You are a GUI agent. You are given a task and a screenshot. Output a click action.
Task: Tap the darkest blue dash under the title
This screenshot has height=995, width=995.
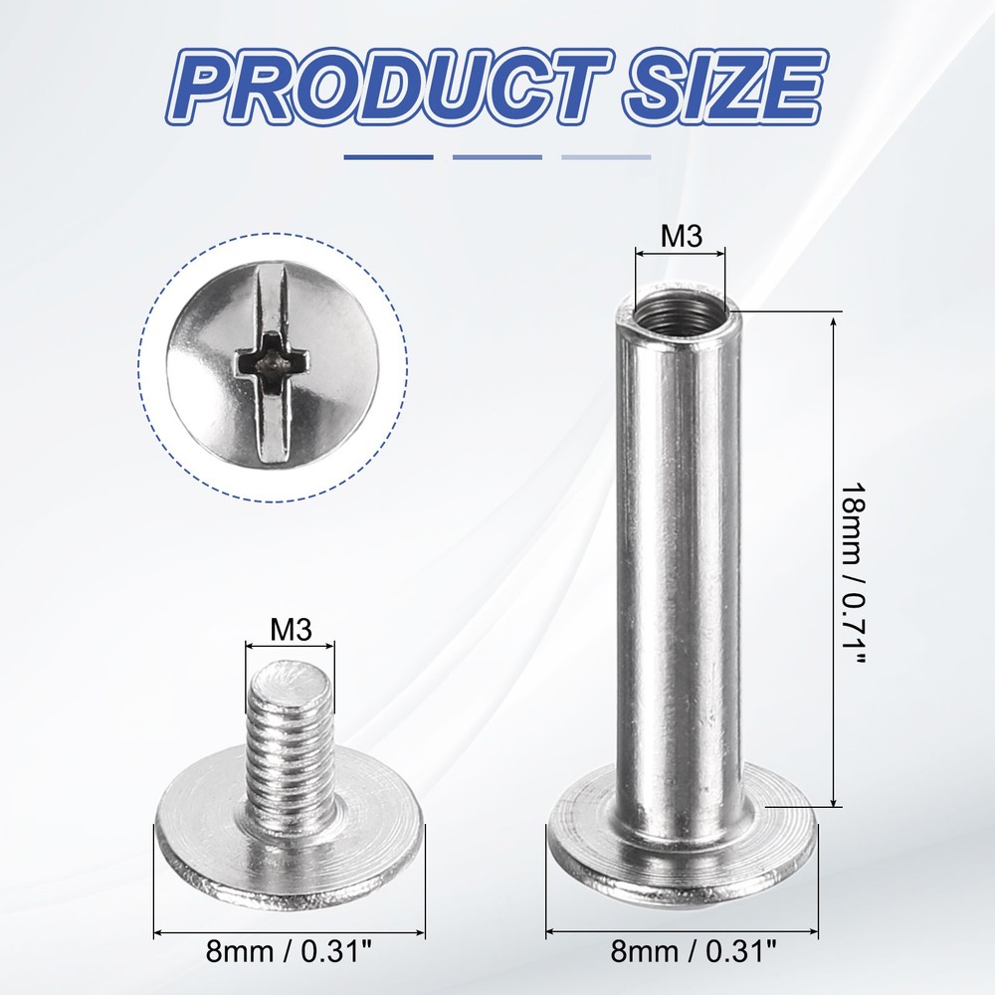pyautogui.click(x=388, y=157)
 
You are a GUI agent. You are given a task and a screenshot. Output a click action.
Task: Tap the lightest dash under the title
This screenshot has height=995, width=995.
pyautogui.click(x=606, y=157)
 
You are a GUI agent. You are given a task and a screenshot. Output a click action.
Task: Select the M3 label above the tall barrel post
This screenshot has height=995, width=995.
pyautogui.click(x=682, y=237)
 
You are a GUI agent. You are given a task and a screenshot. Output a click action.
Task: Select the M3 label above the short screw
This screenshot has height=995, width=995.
pyautogui.click(x=291, y=629)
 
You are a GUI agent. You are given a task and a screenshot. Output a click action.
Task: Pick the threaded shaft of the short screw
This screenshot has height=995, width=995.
pyautogui.click(x=293, y=746)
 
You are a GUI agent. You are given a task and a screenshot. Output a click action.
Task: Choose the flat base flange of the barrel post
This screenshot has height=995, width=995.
pyautogui.click(x=682, y=846)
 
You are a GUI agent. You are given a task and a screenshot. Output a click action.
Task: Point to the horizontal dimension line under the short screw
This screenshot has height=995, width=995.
pyautogui.click(x=290, y=934)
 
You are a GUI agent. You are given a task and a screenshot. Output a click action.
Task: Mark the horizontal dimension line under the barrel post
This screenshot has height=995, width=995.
pyautogui.click(x=682, y=934)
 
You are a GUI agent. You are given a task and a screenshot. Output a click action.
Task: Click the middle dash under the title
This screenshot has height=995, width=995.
pyautogui.click(x=497, y=157)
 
